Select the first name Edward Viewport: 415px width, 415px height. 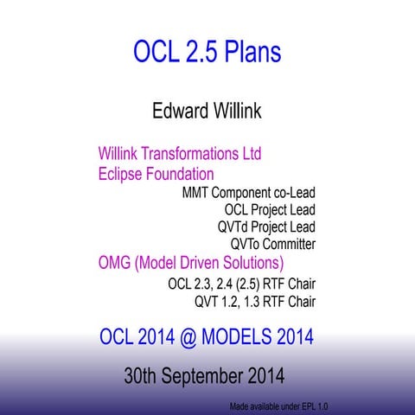pos(179,112)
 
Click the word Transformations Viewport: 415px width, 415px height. pos(190,155)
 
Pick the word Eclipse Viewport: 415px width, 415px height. pos(121,174)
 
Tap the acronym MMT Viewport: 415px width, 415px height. pos(196,192)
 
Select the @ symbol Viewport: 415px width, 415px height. pos(187,337)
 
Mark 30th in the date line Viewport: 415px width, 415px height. pos(144,377)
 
